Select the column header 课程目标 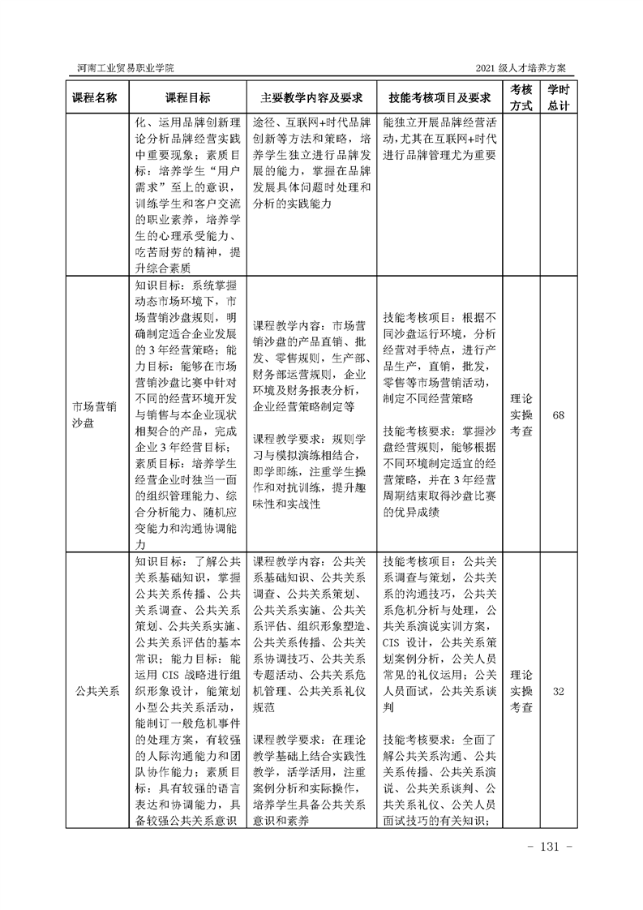point(188,97)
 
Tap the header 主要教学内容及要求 point(311,97)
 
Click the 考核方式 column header point(521,97)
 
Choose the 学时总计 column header point(558,97)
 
